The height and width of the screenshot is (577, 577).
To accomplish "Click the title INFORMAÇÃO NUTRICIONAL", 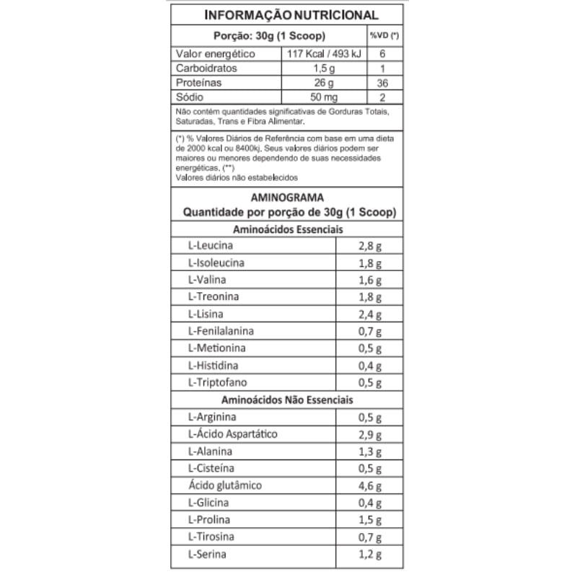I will pyautogui.click(x=291, y=15).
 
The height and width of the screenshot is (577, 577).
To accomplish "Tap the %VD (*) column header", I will pyautogui.click(x=385, y=35).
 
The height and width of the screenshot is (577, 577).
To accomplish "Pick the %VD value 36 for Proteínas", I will pyautogui.click(x=383, y=83).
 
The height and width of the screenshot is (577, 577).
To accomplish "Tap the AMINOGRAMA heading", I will pyautogui.click(x=287, y=197).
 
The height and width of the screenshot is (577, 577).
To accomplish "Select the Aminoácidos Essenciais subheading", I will pyautogui.click(x=288, y=229).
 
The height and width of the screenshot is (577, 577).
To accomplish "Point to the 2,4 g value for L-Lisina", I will pyautogui.click(x=370, y=314).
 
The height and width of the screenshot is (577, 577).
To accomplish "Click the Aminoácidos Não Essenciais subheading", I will pyautogui.click(x=288, y=400).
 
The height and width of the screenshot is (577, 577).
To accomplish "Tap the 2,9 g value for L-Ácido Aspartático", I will pyautogui.click(x=370, y=435).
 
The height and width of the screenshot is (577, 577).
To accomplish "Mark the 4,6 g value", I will pyautogui.click(x=370, y=486).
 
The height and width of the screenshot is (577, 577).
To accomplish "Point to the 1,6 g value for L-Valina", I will pyautogui.click(x=370, y=280).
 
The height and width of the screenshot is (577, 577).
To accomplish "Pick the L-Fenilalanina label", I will pyautogui.click(x=220, y=331).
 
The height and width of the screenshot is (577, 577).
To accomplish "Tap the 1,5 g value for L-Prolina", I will pyautogui.click(x=370, y=521).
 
